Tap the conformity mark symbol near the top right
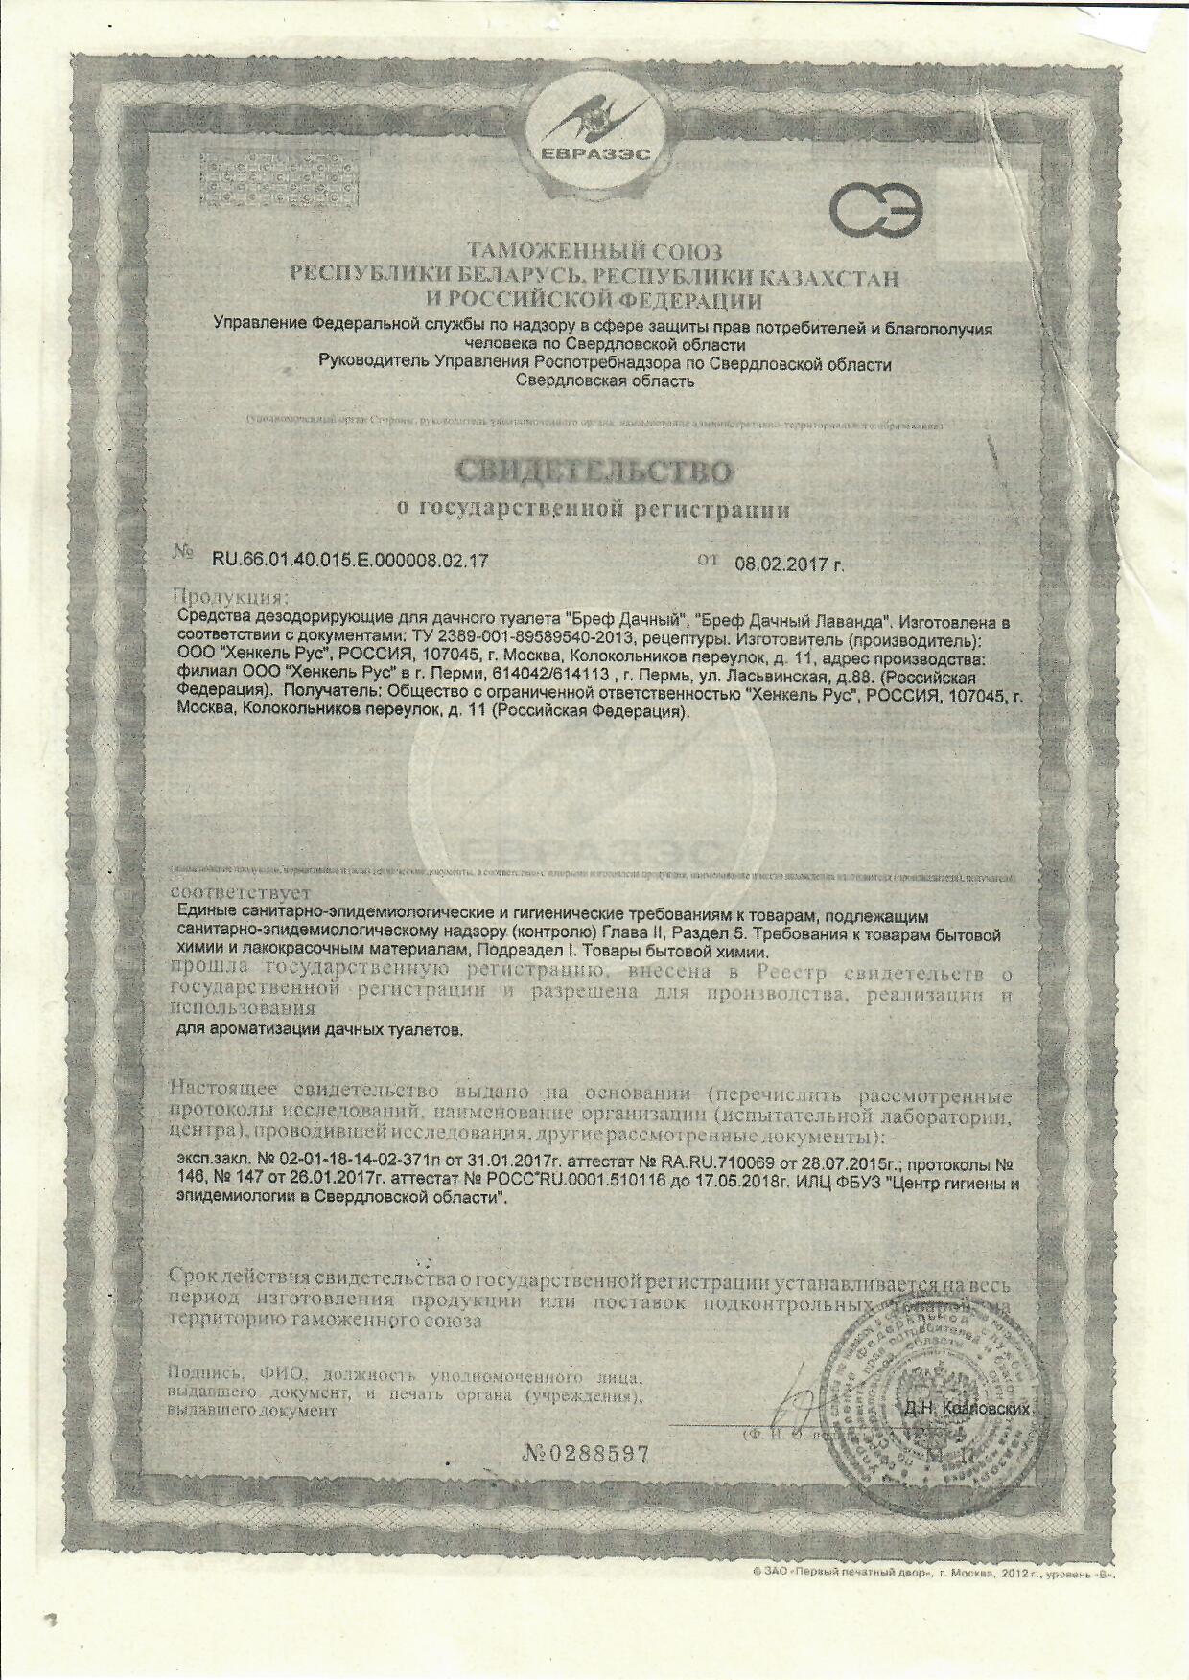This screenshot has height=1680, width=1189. tap(875, 211)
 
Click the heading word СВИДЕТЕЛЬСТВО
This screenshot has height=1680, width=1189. tap(594, 472)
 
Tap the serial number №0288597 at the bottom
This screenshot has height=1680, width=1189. tap(586, 1454)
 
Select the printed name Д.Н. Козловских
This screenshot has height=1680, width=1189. tap(967, 1409)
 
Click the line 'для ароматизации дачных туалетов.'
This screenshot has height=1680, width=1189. tap(322, 1031)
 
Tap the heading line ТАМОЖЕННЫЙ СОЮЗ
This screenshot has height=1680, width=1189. tap(594, 254)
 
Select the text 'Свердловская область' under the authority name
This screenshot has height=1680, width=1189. tap(604, 381)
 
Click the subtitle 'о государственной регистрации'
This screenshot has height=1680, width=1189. tap(594, 510)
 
